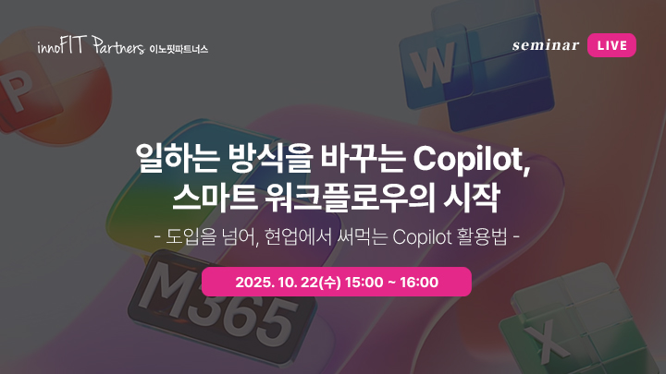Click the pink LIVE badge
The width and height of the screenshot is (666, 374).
click(611, 45)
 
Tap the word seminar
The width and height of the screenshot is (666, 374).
click(546, 45)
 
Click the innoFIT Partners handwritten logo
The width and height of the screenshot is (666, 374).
click(91, 45)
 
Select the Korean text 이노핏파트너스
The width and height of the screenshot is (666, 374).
click(179, 49)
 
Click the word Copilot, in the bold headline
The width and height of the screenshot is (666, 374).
click(472, 160)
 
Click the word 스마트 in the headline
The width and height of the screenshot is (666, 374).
click(215, 199)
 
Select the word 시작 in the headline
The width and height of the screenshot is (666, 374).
click(470, 198)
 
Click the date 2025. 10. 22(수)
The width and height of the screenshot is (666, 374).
click(288, 283)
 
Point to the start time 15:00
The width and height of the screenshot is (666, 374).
click(364, 283)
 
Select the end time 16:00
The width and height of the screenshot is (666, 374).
click(419, 283)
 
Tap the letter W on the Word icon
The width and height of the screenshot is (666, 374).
click(432, 66)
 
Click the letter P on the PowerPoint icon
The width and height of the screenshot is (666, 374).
click(16, 90)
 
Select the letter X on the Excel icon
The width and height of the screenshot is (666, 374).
click(547, 339)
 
